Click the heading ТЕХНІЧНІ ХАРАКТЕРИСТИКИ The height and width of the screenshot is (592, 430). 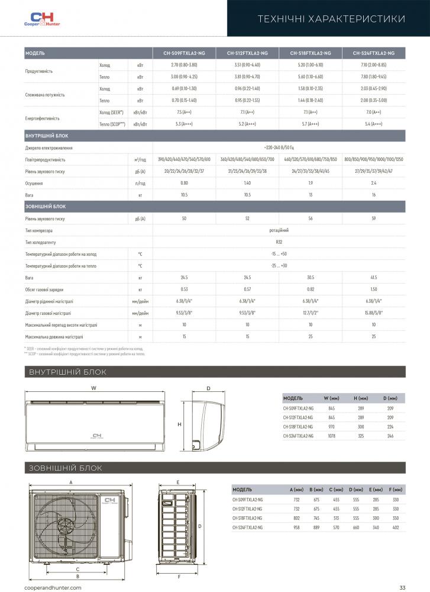[x=332, y=19]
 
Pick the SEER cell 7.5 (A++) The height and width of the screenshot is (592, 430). [x=183, y=112]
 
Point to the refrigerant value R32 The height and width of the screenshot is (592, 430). [x=279, y=242]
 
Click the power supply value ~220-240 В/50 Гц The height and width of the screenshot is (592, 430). [x=279, y=147]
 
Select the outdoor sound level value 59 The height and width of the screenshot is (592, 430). [x=374, y=218]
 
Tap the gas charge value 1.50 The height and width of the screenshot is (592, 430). [x=374, y=289]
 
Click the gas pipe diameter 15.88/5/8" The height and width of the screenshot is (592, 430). [x=374, y=313]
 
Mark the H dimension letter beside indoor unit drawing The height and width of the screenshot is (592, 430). [x=179, y=424]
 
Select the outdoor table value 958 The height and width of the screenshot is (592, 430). [x=297, y=527]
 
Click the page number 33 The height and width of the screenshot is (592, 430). [x=402, y=587]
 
